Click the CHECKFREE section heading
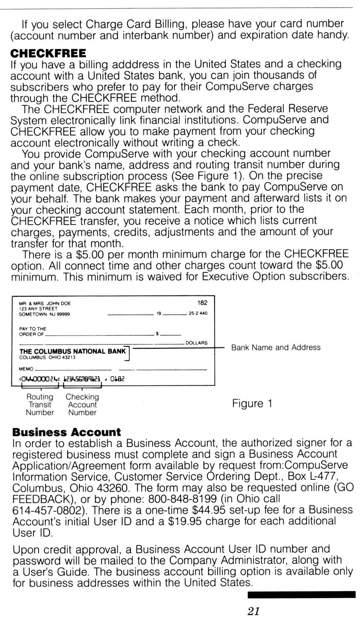tap(48, 53)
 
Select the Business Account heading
tap(66, 432)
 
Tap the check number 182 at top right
tap(202, 303)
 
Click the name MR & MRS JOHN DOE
tap(45, 303)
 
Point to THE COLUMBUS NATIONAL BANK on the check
tap(72, 351)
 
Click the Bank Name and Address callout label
tap(276, 347)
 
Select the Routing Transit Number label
tap(40, 404)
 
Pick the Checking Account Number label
tap(82, 404)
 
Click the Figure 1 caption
tap(252, 404)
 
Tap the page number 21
tap(253, 611)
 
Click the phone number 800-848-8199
tap(183, 499)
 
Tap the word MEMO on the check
tap(26, 369)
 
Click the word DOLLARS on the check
tap(196, 343)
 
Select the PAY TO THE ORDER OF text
tap(32, 331)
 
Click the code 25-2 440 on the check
tap(198, 313)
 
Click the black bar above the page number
tap(301, 594)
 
